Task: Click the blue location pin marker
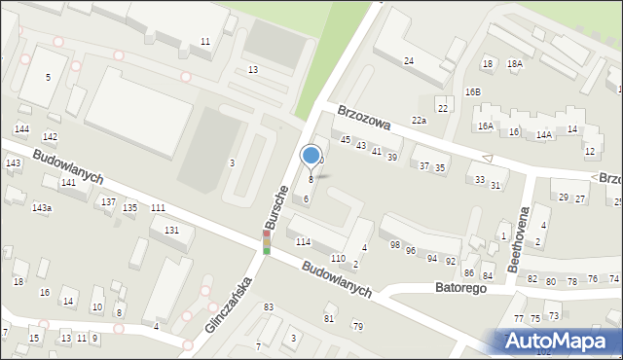(311, 156)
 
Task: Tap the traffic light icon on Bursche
(266, 242)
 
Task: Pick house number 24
(409, 61)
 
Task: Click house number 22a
(419, 120)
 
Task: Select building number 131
(171, 230)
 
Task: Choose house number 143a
(42, 208)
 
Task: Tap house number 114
(303, 241)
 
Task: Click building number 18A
(514, 63)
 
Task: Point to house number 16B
(472, 91)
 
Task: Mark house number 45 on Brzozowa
(345, 140)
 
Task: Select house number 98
(394, 244)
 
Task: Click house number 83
(268, 307)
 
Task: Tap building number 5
(48, 76)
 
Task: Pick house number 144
(21, 129)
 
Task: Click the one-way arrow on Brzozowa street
(488, 159)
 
